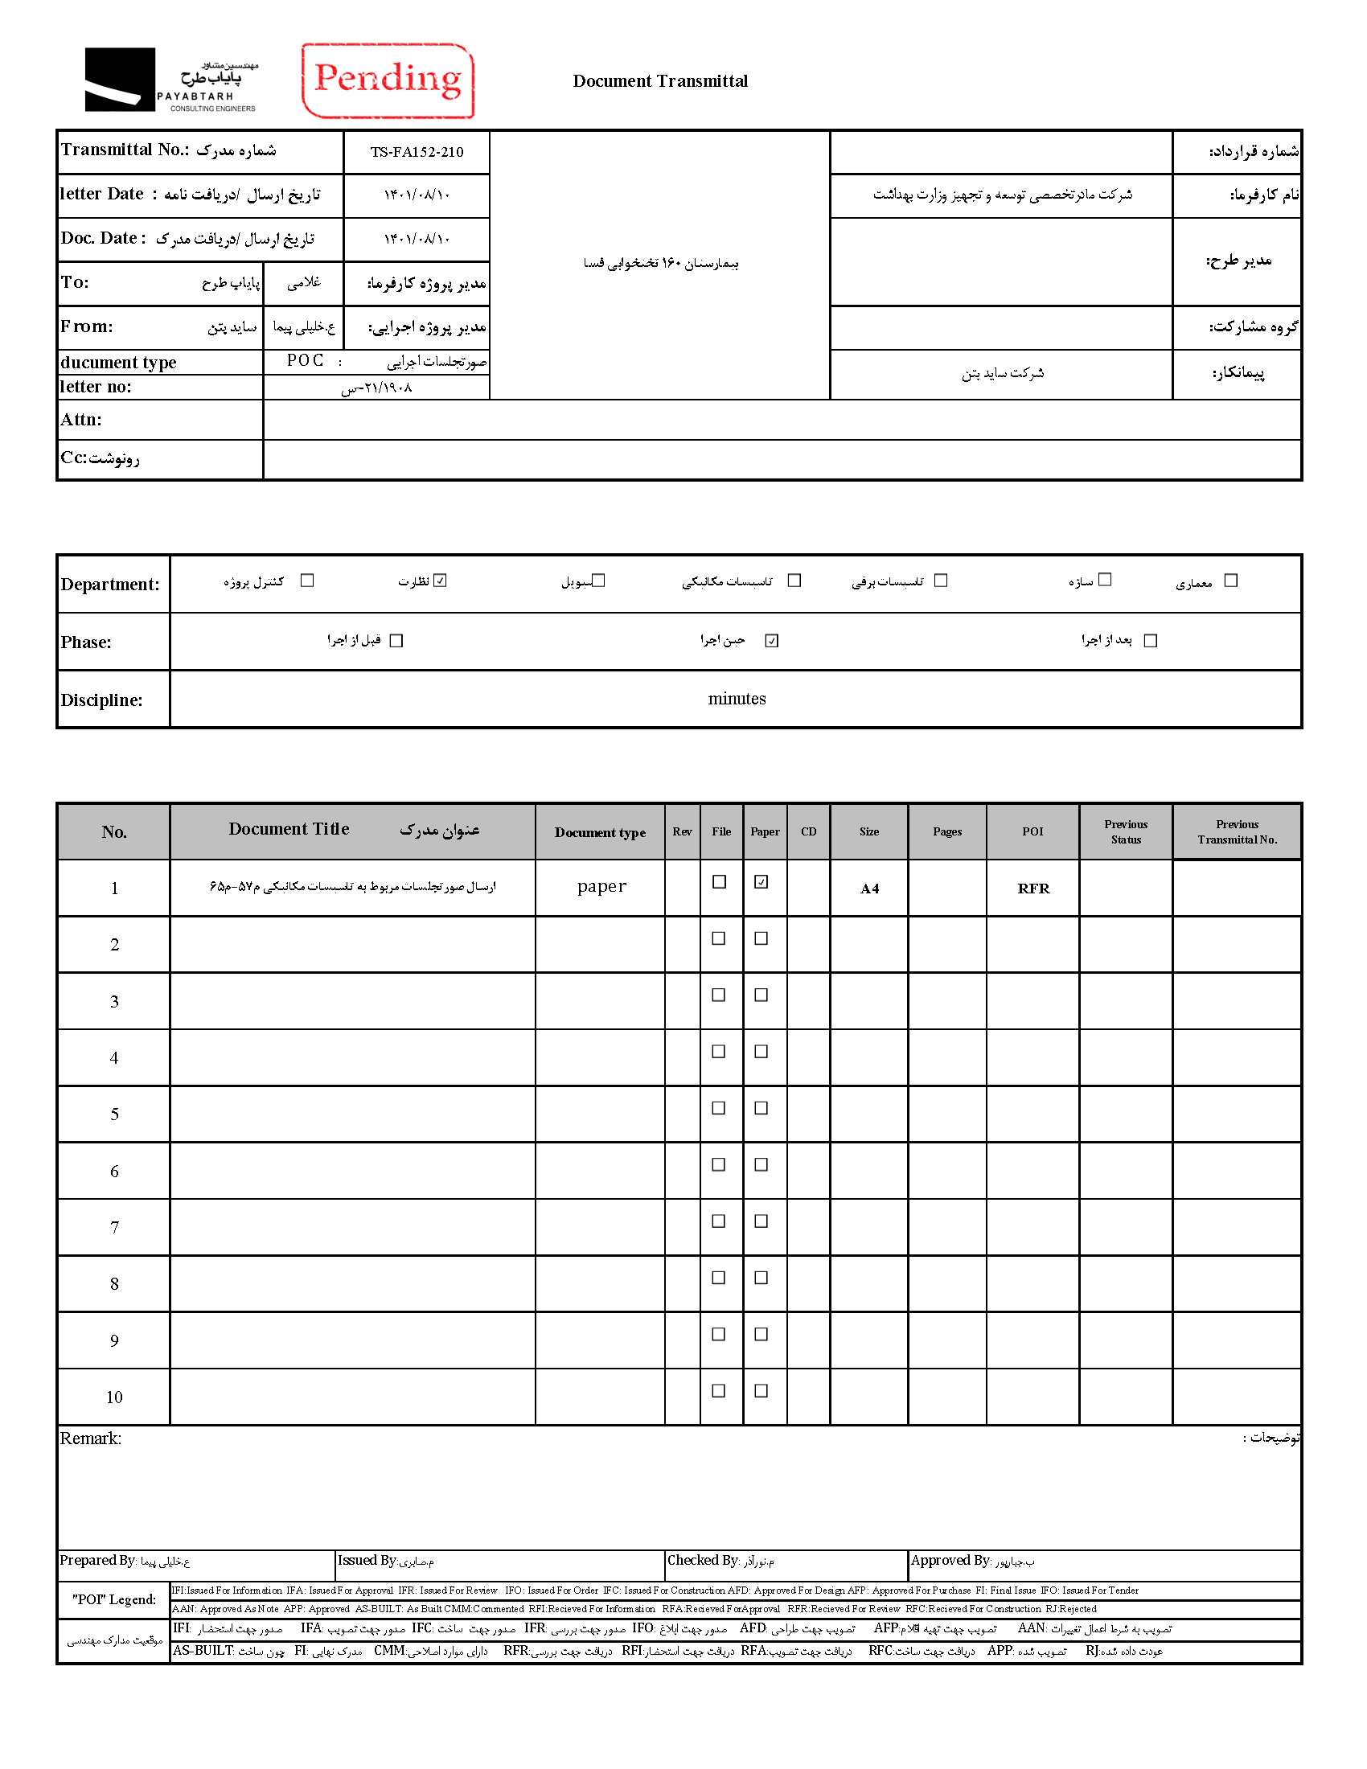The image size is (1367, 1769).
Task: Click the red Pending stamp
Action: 388,80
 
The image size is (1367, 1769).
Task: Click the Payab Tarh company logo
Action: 170,80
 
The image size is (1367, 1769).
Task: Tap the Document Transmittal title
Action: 660,81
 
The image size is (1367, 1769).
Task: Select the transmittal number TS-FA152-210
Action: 417,152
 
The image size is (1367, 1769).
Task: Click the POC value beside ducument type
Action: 306,361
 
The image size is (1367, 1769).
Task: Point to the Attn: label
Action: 81,420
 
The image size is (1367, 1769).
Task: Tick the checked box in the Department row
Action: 440,581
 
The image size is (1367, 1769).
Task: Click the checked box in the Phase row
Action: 772,641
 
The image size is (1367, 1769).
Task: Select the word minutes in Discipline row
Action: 736,699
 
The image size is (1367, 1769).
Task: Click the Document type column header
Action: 600,833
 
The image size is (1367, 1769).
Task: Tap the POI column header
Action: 1032,832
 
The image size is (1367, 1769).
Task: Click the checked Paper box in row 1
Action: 761,882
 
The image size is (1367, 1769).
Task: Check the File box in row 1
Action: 719,882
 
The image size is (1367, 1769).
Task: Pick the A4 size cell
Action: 869,889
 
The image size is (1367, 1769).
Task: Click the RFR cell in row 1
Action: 1033,889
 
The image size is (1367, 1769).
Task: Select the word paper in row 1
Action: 601,886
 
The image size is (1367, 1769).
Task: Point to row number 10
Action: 114,1398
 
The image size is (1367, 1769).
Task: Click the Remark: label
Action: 91,1439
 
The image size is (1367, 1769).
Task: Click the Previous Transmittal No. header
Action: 1237,832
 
